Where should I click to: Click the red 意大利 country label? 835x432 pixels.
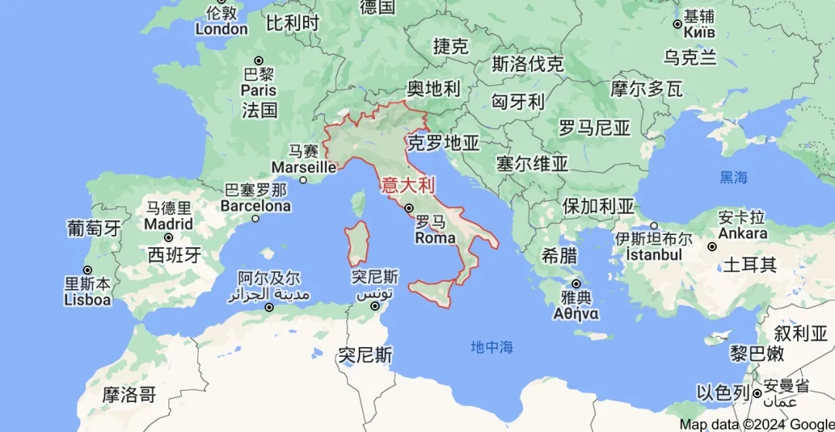[x=408, y=185]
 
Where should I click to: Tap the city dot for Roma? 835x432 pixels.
[x=409, y=208]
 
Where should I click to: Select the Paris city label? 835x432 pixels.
[x=258, y=90]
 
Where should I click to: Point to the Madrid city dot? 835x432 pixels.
[x=168, y=237]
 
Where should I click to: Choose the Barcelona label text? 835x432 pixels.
[x=255, y=206]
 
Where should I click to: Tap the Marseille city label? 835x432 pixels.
[x=303, y=167]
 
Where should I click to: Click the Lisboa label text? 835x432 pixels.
[x=87, y=300]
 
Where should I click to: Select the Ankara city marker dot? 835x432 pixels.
[x=712, y=247]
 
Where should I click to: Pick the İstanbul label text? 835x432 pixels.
[x=648, y=254]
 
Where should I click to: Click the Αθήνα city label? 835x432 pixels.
[x=575, y=314]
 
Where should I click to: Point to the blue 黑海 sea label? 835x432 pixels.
[x=734, y=177]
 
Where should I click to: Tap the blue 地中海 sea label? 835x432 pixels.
[x=492, y=347]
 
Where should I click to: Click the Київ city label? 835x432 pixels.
[x=698, y=32]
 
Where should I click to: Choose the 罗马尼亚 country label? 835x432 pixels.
[x=595, y=128]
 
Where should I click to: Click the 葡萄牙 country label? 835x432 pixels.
[x=94, y=228]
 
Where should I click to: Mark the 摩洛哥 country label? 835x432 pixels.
[x=129, y=395]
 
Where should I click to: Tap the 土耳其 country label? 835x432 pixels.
[x=749, y=265]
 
